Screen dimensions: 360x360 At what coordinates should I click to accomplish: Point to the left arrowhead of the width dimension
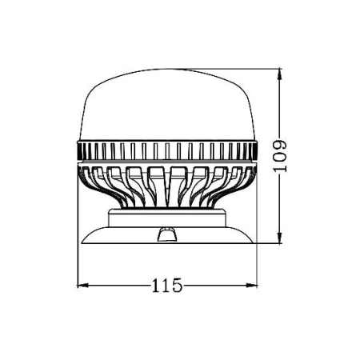point(80,284)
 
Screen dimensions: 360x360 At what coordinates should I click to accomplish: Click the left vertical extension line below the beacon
point(77,268)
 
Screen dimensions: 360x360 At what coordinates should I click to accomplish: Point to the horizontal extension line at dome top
point(240,70)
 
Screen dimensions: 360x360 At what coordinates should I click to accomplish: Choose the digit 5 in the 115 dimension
point(178,285)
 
